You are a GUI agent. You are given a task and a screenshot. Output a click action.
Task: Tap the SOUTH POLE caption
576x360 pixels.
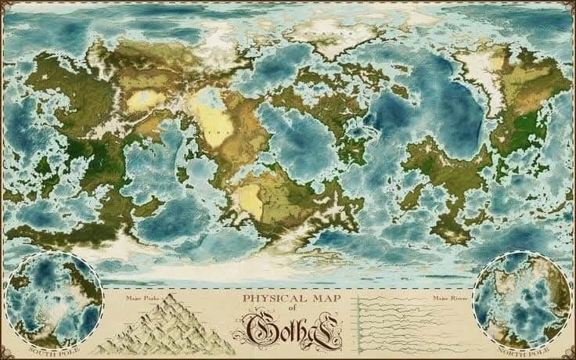52,345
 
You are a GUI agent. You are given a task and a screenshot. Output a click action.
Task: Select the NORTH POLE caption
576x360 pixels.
524,345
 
